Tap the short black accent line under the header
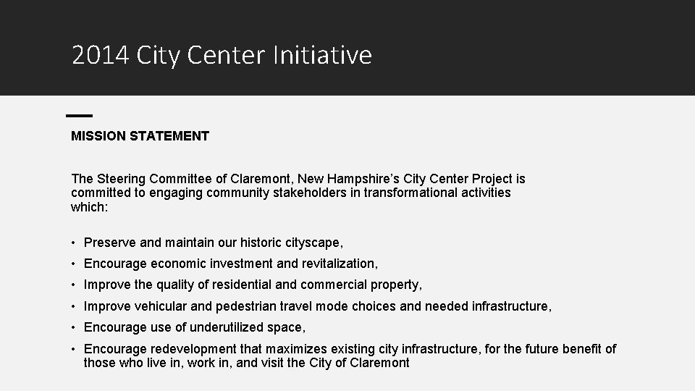pyautogui.click(x=79, y=115)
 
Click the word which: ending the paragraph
pyautogui.click(x=89, y=207)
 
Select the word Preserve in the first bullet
pyautogui.click(x=110, y=243)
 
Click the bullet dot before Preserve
pyautogui.click(x=75, y=243)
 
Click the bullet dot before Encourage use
pyautogui.click(x=75, y=327)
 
